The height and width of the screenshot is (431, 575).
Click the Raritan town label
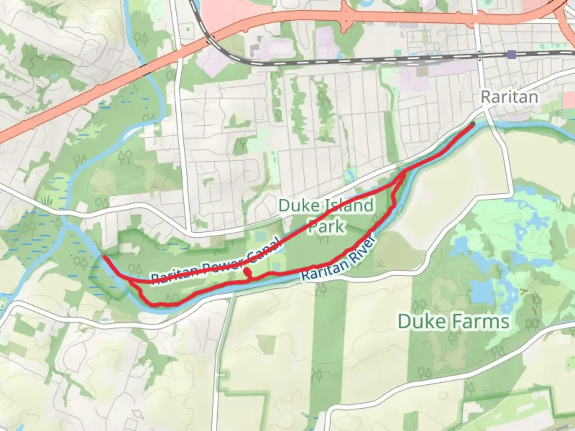[x=509, y=97]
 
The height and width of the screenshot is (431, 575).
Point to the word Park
[x=327, y=227]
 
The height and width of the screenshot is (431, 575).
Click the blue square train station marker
[x=512, y=54]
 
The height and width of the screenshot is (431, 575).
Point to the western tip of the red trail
[x=105, y=257]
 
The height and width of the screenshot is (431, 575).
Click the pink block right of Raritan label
[x=569, y=100]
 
